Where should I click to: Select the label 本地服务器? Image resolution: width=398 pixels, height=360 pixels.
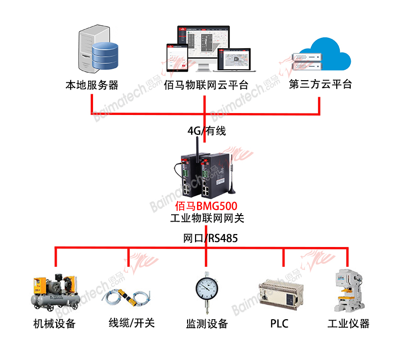click(x=92, y=85)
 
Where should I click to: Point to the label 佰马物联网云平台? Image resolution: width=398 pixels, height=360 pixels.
click(x=206, y=85)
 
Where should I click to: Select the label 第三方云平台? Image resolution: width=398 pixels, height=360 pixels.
click(x=320, y=84)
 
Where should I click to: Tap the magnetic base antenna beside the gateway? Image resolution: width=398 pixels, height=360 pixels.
click(x=232, y=179)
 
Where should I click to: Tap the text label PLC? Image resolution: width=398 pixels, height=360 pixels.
click(x=279, y=324)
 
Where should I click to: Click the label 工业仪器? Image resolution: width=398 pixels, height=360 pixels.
click(x=349, y=324)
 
